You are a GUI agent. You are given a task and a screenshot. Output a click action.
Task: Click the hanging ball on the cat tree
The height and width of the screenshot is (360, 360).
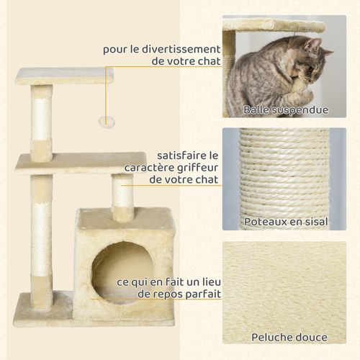107,122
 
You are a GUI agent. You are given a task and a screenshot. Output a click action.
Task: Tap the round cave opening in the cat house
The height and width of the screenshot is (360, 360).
122,272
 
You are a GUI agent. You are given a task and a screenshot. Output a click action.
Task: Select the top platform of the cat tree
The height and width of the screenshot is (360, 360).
64,76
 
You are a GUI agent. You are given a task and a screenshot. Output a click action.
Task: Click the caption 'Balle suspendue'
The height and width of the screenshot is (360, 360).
285,110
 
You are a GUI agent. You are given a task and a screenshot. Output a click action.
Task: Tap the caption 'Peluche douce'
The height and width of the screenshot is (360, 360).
289,337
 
